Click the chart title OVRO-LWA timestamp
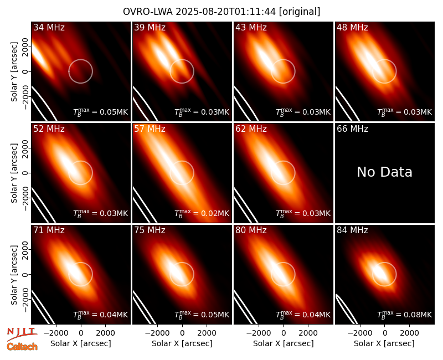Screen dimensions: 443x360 (221, 12)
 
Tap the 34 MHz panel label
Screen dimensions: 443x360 (49, 27)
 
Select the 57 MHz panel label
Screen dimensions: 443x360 (150, 129)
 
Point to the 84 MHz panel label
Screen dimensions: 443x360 (352, 230)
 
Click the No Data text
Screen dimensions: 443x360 (384, 172)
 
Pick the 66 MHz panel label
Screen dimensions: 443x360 (352, 129)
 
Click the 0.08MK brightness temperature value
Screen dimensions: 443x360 (418, 315)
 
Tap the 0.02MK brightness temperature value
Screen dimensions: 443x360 (215, 213)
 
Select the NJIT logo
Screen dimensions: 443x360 (22, 334)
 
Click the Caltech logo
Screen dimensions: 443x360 (22, 347)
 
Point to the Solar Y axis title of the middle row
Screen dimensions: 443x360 (14, 173)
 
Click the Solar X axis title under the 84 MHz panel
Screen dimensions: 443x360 (384, 343)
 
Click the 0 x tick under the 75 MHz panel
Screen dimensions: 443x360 (182, 333)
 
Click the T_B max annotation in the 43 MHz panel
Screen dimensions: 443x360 (303, 112)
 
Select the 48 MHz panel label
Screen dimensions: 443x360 (352, 27)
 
